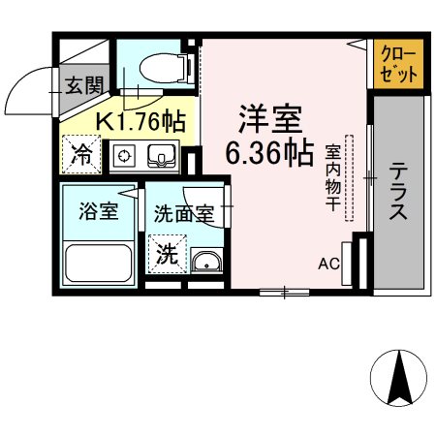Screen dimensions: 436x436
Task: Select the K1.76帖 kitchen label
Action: coord(140,122)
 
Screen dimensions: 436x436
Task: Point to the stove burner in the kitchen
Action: coord(124,155)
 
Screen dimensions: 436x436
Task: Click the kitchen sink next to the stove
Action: coord(158,155)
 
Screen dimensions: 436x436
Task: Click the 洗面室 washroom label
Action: coord(183,214)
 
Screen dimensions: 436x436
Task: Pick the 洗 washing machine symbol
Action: coord(167,256)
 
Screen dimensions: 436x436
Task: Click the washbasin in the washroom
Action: coord(205,263)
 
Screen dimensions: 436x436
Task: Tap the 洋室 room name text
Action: coord(272,121)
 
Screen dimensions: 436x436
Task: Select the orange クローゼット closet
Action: coord(398,65)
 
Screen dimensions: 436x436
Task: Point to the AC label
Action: coord(328,264)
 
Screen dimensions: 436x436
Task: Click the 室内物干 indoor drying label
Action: coord(332,180)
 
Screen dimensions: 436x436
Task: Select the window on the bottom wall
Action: coord(283,291)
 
